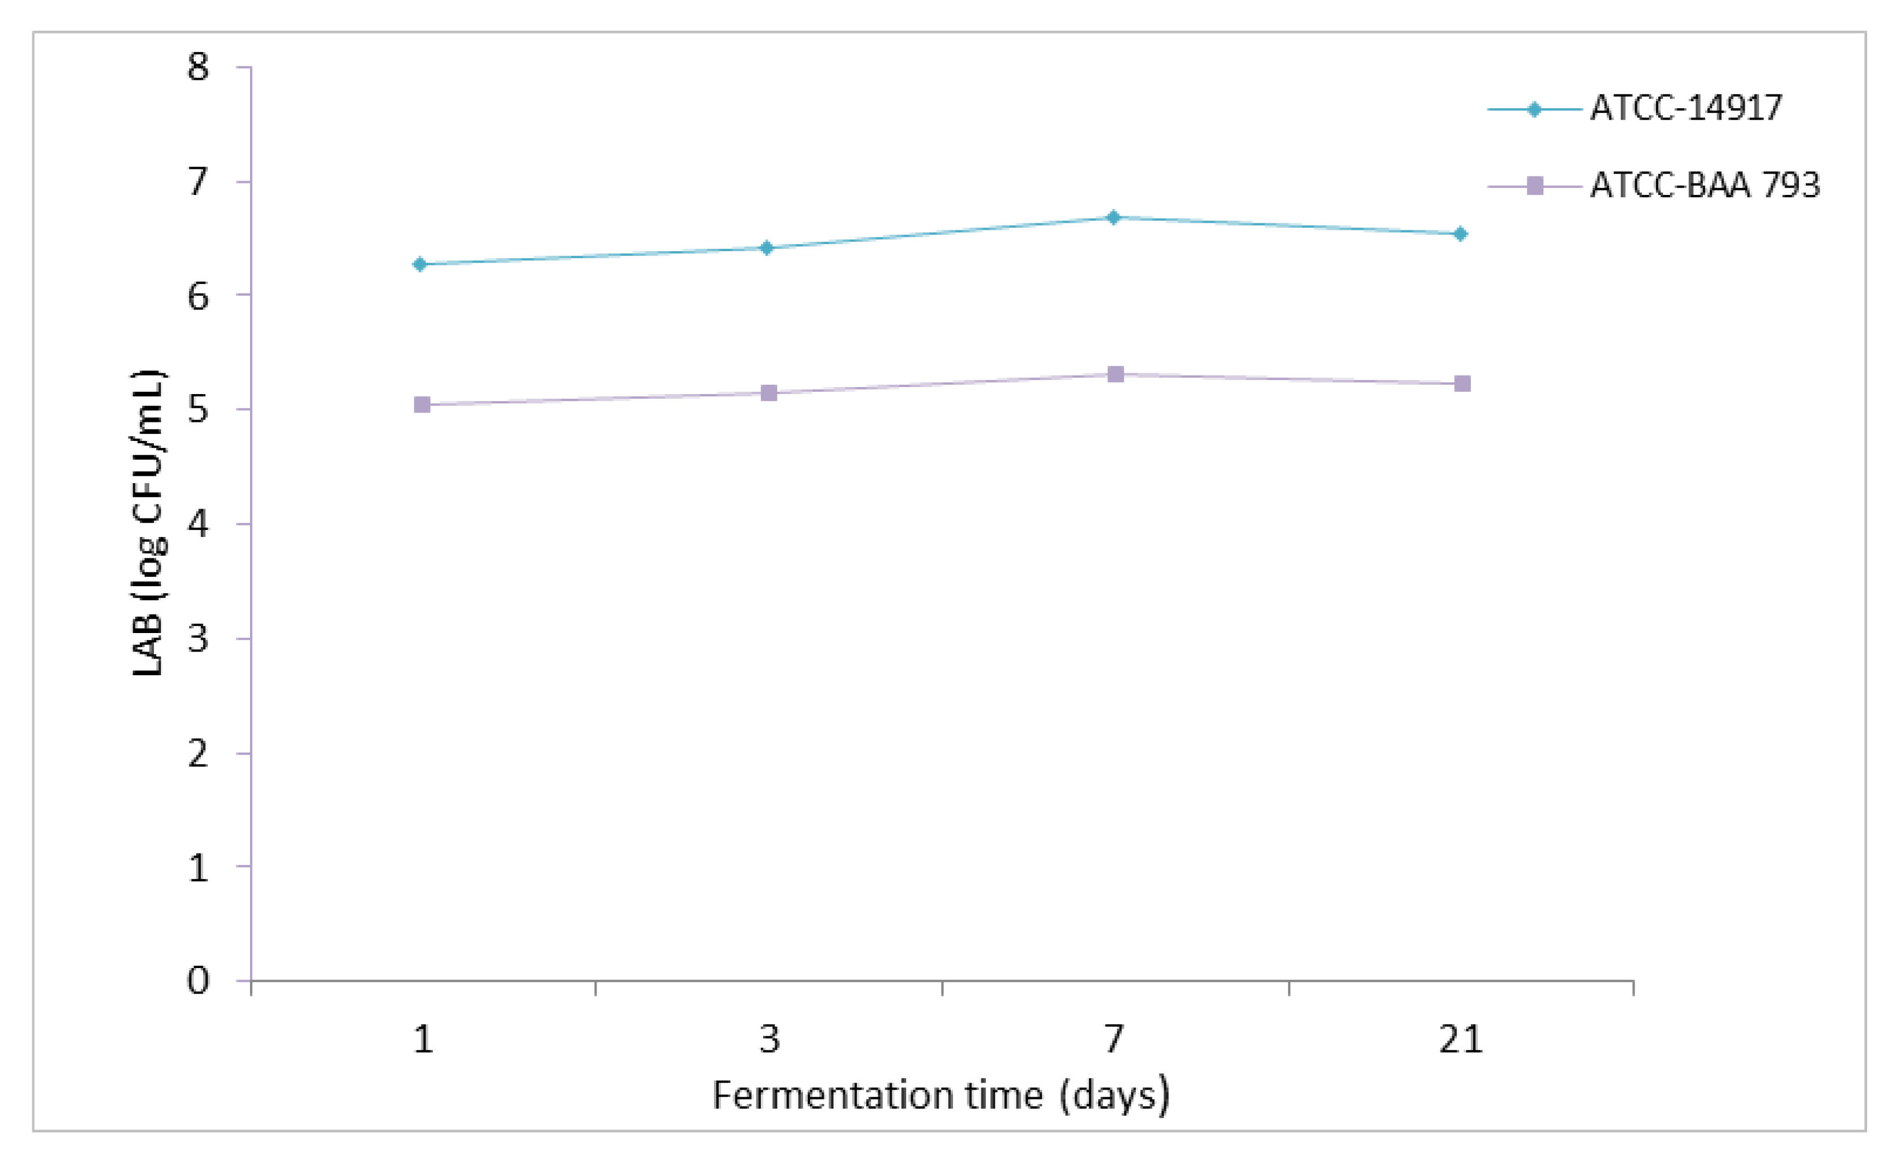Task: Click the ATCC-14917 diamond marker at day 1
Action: [420, 264]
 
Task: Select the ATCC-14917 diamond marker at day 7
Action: [1113, 218]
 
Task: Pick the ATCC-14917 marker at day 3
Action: [766, 248]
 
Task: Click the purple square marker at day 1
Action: [422, 404]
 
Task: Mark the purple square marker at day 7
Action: [1115, 374]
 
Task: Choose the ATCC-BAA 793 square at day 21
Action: [1462, 383]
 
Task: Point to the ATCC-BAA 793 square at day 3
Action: [768, 393]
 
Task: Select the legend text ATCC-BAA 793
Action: [1705, 186]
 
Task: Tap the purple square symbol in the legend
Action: [1534, 186]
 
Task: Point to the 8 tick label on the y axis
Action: [198, 68]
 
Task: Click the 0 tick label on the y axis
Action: [198, 981]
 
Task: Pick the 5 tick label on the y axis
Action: [198, 409]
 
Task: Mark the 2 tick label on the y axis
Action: [198, 753]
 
